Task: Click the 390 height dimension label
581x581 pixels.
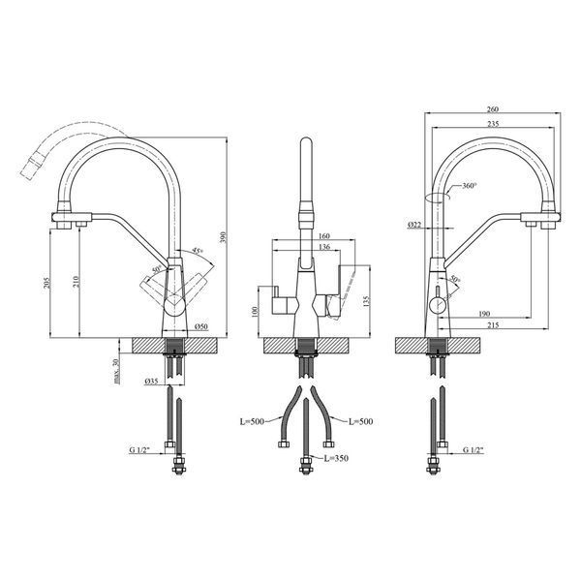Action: (x=223, y=237)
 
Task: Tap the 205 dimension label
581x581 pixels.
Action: (x=46, y=283)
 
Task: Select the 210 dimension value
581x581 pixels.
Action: (x=76, y=282)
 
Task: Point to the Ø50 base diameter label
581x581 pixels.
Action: (x=201, y=326)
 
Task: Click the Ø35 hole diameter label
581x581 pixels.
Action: (x=152, y=381)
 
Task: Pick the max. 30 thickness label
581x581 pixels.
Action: (x=116, y=371)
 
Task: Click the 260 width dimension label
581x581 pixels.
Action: (x=493, y=109)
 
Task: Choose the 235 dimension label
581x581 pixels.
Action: (x=493, y=124)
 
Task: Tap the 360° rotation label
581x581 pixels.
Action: (x=470, y=186)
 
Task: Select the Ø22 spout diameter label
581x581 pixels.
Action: (x=414, y=225)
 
